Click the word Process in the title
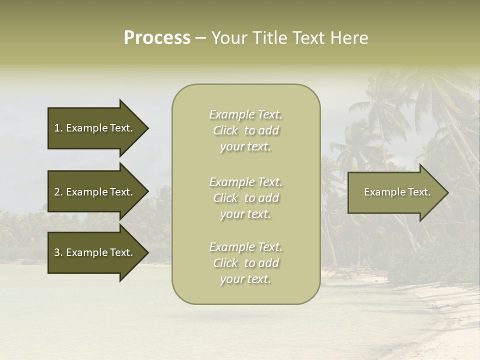157,38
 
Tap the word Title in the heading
268,38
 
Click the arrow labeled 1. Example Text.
95,128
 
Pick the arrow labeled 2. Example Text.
95,192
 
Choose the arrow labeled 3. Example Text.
95,252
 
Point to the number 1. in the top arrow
58,128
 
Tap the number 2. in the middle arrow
58,192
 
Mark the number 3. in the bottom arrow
58,252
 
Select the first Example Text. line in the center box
246,114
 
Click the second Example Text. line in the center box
246,181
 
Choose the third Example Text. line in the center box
246,247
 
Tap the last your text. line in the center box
246,279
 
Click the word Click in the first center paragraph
225,130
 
